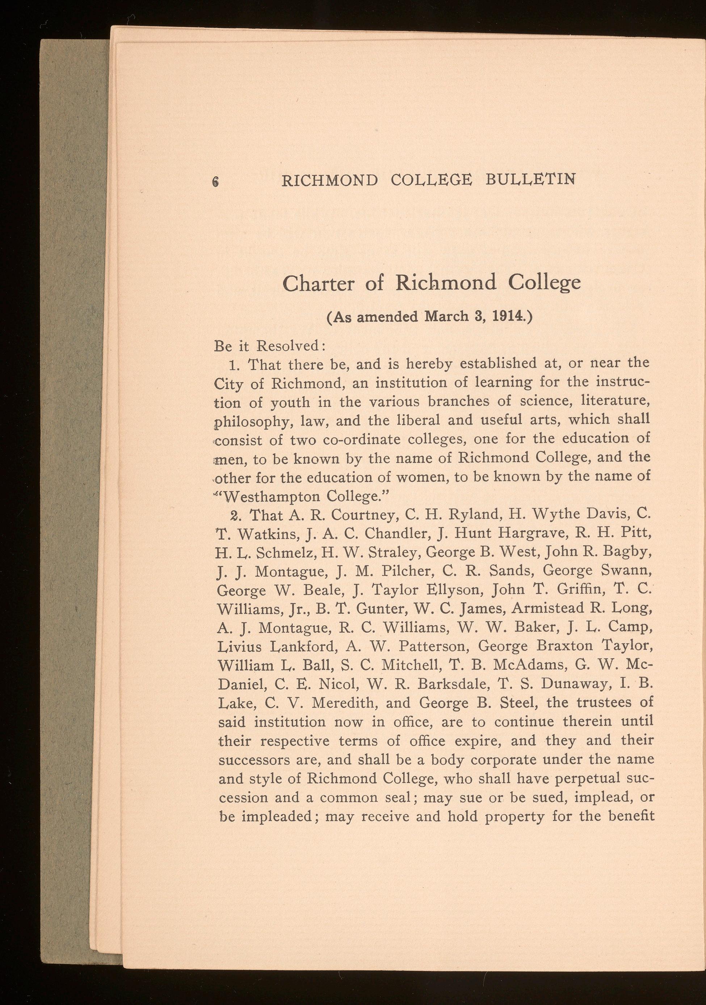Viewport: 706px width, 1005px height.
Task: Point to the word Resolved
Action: coord(290,346)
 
